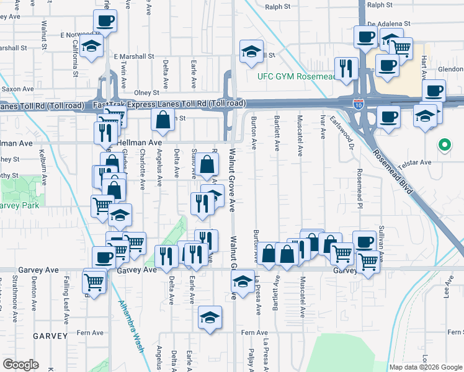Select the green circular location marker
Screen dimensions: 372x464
(444, 146)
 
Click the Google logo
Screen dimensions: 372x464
(20, 365)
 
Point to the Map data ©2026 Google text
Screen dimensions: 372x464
(426, 367)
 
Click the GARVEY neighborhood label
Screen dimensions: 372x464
(51, 336)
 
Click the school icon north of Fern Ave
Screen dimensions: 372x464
(210, 317)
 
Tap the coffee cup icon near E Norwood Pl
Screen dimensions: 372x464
(105, 22)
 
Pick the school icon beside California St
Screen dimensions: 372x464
(92, 46)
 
